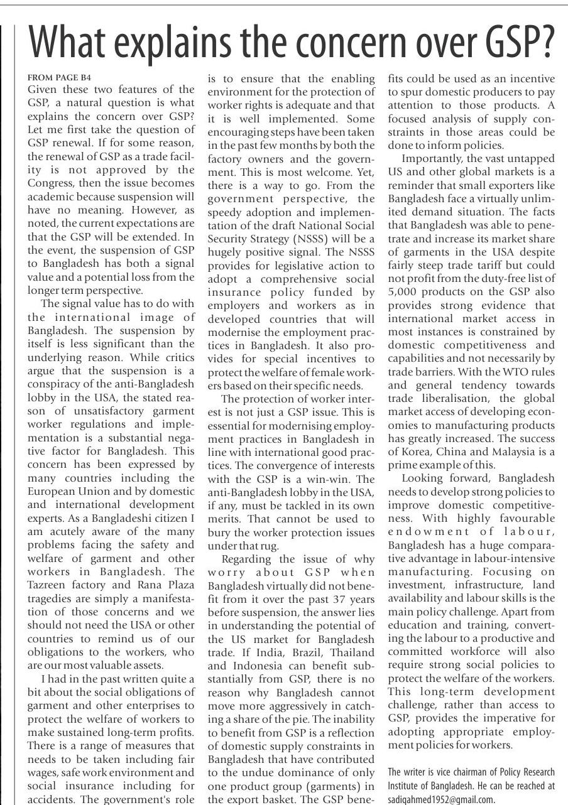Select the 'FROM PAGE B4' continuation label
coord(60,77)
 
